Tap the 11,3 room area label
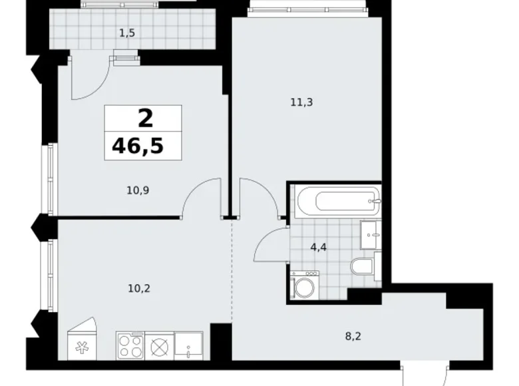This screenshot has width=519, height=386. pos(301,102)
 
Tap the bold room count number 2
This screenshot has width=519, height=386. pos(144,118)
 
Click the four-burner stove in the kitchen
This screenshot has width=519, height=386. pos(130,346)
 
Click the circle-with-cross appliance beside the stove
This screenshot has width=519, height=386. pos(159,346)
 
